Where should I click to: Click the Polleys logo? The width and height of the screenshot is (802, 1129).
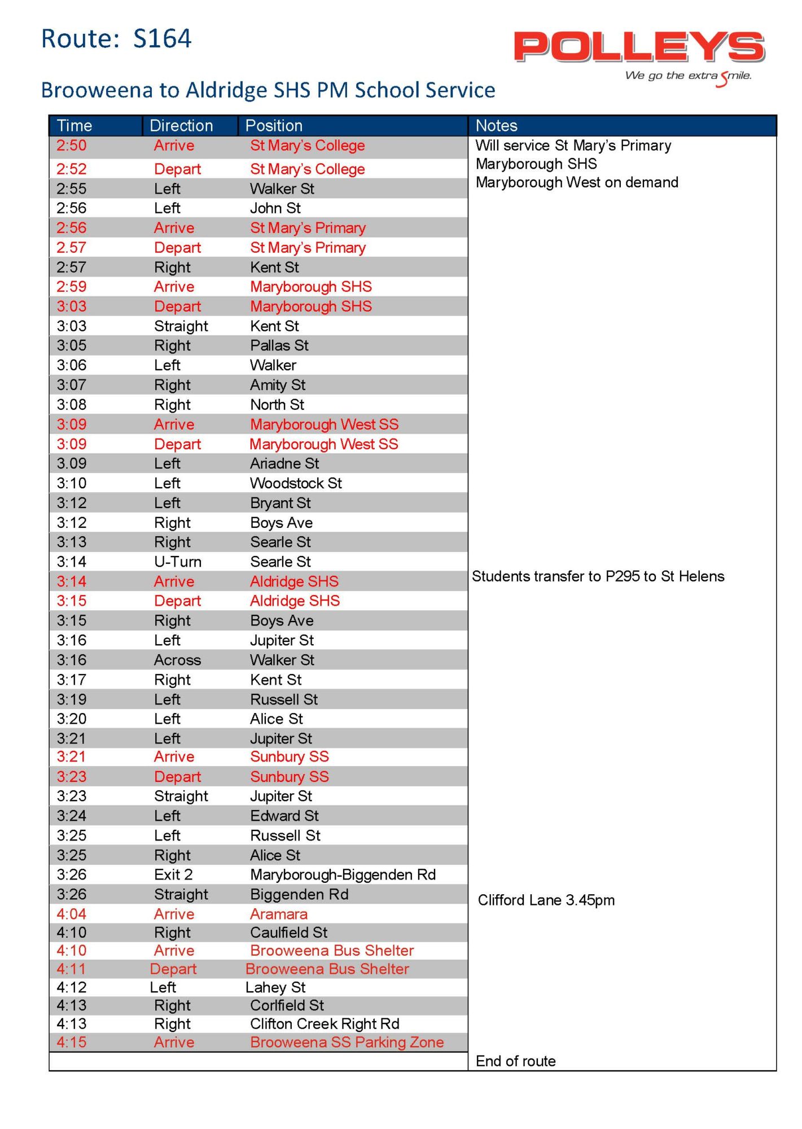coord(639,47)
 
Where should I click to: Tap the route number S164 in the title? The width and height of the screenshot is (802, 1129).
coord(162,38)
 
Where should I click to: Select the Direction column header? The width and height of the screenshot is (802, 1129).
coord(181,125)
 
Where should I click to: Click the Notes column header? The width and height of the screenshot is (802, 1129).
coord(497,125)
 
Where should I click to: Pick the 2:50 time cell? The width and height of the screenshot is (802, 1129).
coord(72,146)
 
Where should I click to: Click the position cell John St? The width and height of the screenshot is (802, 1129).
coord(275,208)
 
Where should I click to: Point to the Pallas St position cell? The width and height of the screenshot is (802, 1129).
coord(279,345)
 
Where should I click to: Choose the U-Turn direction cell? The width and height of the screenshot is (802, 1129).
coord(178,562)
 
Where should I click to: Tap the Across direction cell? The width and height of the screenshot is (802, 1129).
coord(178,660)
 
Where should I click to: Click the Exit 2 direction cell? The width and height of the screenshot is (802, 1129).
coord(174,874)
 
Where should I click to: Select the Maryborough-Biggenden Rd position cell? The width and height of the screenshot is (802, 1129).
coord(343,874)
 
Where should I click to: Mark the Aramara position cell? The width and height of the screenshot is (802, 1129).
coord(279,914)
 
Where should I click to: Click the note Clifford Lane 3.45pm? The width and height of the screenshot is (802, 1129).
coord(546,900)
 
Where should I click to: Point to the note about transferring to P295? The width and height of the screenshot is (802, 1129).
coord(598,576)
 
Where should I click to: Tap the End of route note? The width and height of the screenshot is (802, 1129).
coord(516,1061)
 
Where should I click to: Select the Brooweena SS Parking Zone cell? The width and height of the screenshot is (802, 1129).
coord(347,1042)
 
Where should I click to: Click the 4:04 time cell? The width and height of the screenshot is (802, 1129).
coord(72,914)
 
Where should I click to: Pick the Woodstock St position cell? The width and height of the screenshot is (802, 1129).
coord(296,483)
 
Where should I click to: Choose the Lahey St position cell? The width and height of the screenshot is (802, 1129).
coord(275,987)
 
